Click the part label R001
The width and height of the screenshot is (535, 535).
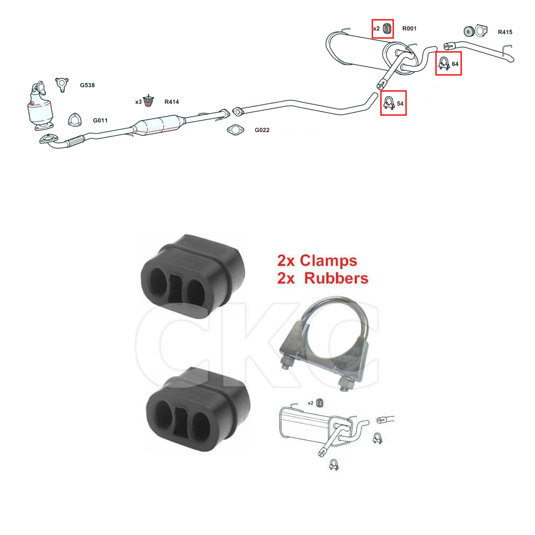(409, 29)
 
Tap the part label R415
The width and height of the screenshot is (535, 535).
(505, 32)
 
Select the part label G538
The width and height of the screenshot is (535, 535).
(87, 85)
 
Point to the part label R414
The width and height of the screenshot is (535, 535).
(172, 102)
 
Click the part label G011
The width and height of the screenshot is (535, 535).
(101, 120)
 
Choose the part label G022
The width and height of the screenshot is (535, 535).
(262, 130)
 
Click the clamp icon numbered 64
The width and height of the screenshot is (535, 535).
(444, 63)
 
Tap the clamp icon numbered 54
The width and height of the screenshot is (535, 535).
(389, 103)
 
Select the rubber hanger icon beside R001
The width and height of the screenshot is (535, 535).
(387, 29)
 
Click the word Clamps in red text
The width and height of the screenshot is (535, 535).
(328, 261)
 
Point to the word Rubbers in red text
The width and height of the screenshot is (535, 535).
(336, 278)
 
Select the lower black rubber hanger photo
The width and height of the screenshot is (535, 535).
(198, 409)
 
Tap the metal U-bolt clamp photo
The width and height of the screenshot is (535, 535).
(324, 345)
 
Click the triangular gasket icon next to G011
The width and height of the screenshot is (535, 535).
(75, 120)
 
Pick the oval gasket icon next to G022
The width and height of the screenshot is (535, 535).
(235, 130)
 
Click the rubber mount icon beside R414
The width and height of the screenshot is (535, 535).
(148, 101)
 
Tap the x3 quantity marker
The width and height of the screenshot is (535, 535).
(138, 102)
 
